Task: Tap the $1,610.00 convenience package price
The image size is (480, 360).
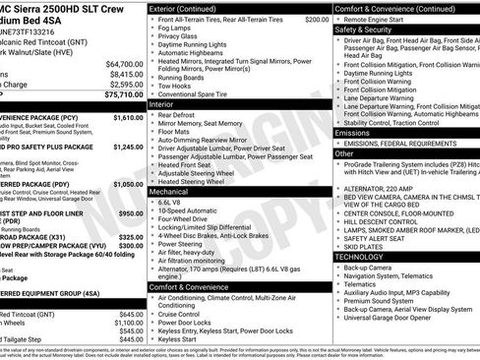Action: coord(122,117)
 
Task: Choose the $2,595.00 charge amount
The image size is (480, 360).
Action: coord(116,84)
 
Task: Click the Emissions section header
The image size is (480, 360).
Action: coord(353,131)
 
